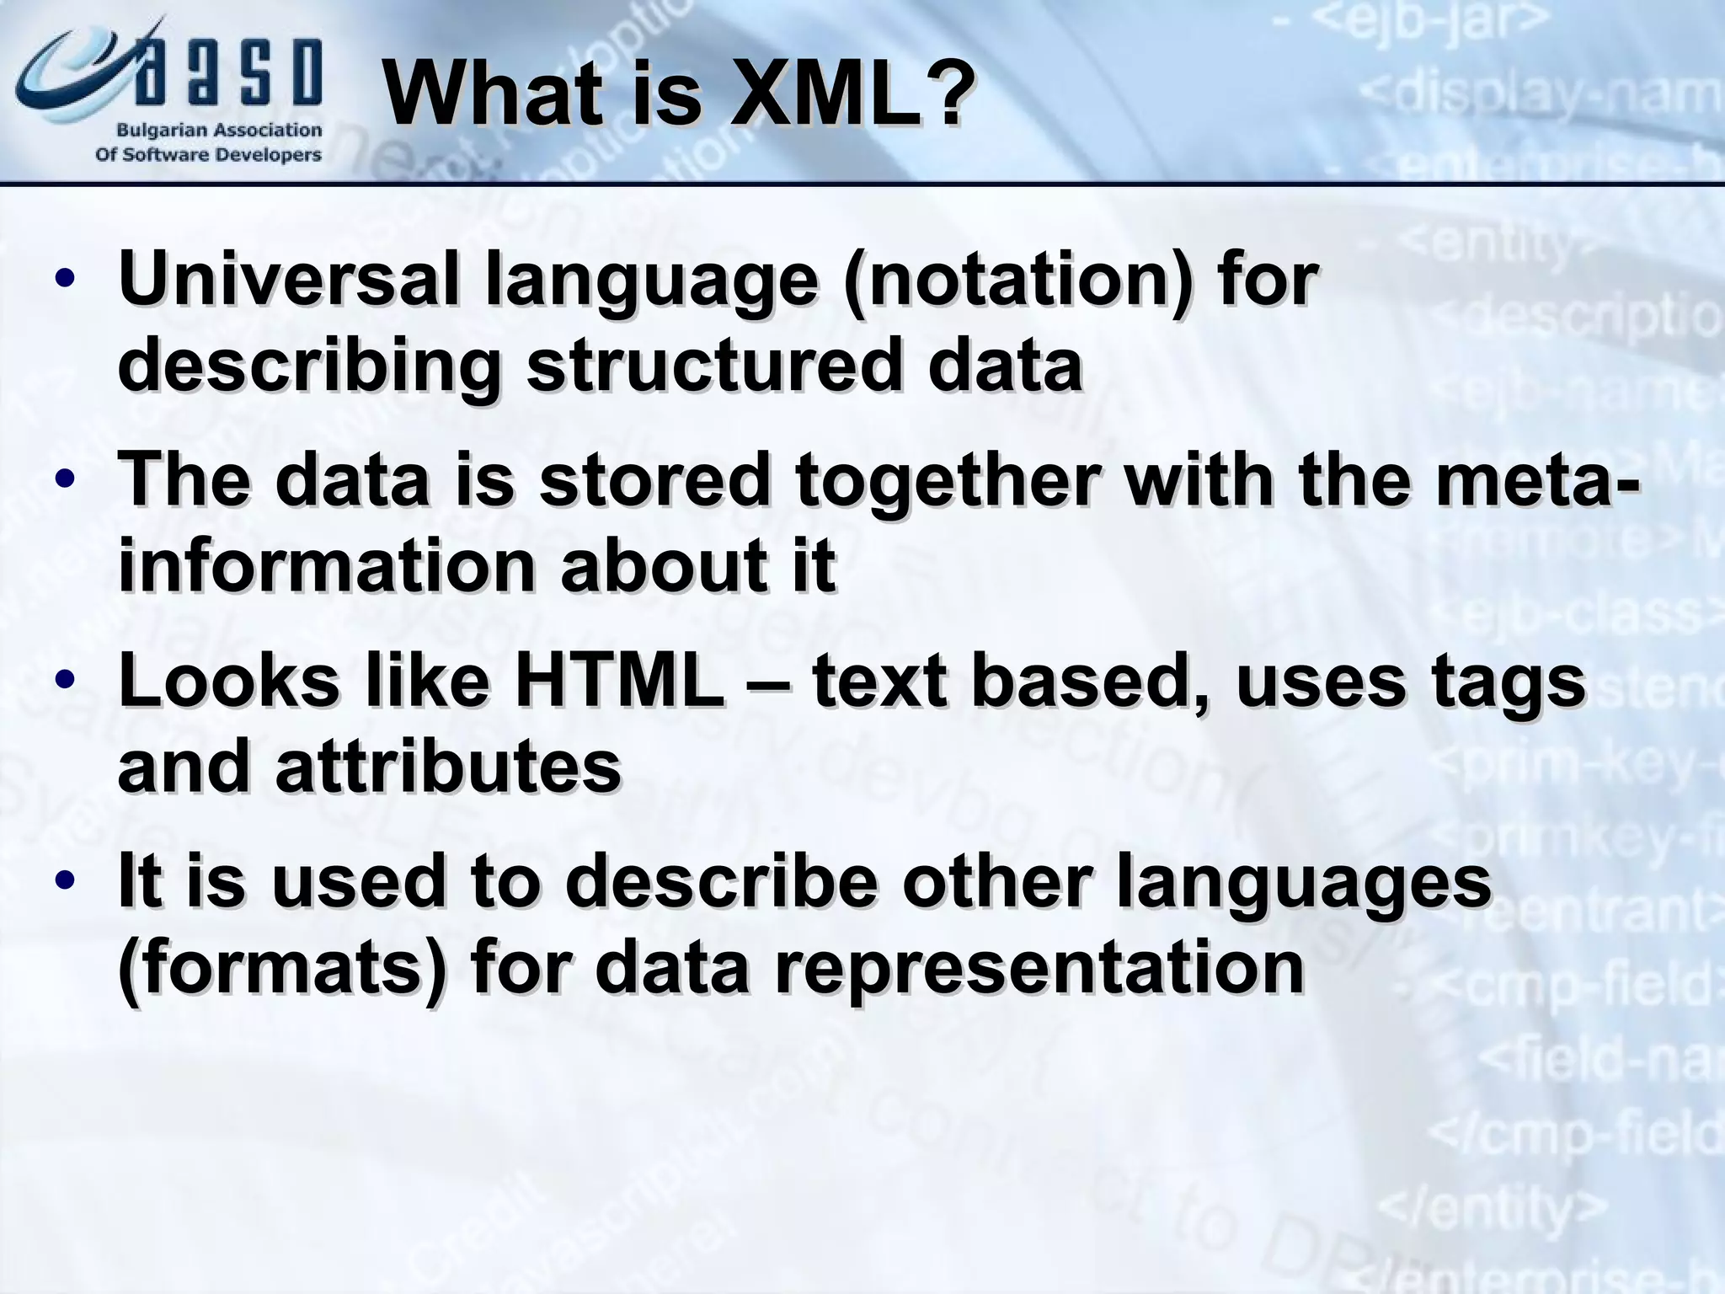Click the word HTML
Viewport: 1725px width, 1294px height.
pos(619,681)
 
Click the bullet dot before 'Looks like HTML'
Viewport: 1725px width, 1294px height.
pos(66,681)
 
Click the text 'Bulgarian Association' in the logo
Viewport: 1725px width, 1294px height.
pos(219,131)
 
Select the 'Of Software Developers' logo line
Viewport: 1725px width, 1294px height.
pos(209,155)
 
